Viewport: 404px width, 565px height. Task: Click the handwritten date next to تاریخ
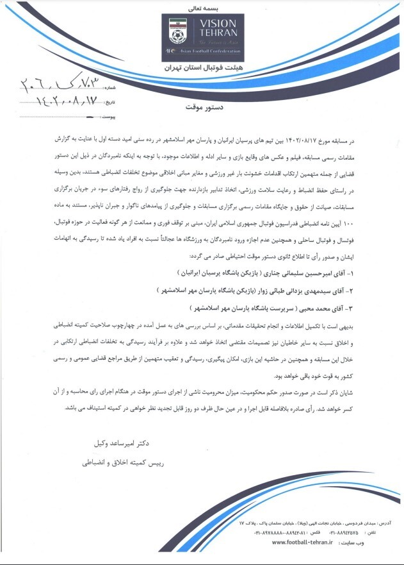pos(61,101)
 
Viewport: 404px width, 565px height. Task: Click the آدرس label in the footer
pos(376,523)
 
